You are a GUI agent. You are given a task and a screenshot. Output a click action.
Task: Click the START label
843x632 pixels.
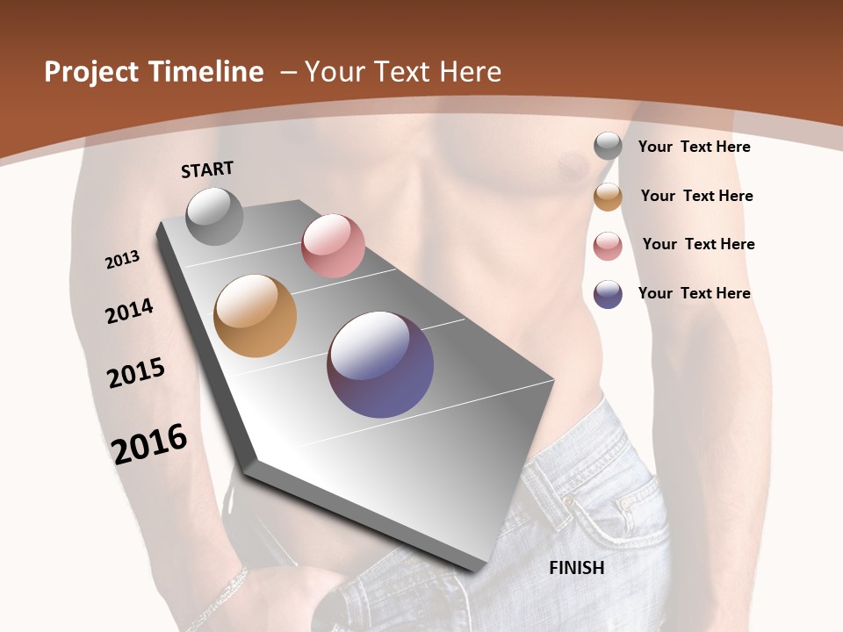(207, 169)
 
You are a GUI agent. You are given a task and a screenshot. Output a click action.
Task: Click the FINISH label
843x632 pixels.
(576, 568)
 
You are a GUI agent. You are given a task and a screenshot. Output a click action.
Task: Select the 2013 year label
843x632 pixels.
(123, 260)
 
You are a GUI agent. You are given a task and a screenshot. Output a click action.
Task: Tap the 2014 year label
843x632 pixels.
(129, 311)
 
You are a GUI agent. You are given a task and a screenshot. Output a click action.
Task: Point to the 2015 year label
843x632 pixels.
(136, 373)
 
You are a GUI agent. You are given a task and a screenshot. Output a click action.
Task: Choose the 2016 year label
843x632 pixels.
(149, 444)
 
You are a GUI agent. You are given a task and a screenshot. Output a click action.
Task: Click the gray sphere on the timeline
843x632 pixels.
(214, 216)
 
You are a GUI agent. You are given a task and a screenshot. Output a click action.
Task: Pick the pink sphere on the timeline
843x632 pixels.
(333, 246)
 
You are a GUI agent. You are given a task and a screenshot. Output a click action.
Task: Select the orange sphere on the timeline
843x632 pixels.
(255, 316)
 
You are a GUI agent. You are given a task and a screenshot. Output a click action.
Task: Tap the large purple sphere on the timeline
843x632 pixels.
(380, 364)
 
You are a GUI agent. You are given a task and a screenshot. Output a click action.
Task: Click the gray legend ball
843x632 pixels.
(608, 147)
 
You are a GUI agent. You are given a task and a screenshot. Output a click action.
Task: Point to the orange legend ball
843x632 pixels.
(608, 197)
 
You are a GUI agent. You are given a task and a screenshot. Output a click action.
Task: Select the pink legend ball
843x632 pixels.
(608, 246)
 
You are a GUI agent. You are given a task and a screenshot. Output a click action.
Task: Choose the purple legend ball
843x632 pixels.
(608, 294)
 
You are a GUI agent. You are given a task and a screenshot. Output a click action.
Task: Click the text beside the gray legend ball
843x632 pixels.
(694, 147)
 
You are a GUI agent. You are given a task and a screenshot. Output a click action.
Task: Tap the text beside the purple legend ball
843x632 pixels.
(694, 293)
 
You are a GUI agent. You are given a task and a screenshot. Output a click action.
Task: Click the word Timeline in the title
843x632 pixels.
(207, 72)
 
